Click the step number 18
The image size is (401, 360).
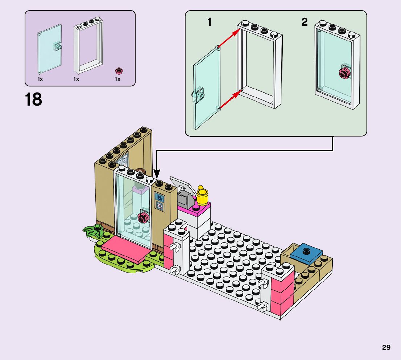point(33,99)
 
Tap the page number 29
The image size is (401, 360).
point(386,348)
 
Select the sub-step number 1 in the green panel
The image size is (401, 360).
point(209,22)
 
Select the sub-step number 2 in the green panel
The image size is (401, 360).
point(304,22)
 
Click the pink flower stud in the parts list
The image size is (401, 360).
point(118,70)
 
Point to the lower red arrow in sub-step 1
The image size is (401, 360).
point(229,99)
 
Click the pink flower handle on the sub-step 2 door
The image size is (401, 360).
point(345,73)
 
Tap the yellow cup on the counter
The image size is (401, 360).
point(202,196)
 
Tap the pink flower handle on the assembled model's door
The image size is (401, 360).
point(144,218)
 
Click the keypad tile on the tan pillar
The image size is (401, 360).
point(159,205)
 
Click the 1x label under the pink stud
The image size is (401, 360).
point(117,79)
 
